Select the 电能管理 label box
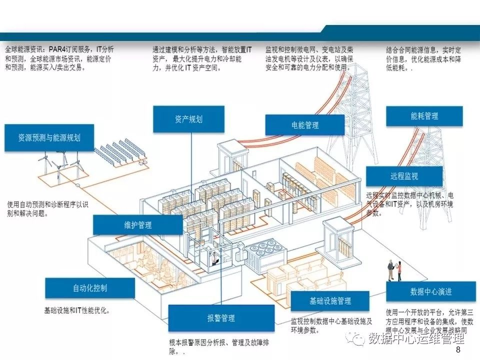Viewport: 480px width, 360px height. coord(304,125)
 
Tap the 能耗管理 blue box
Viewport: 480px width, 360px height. coord(424,116)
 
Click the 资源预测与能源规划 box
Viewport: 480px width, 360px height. coord(49,137)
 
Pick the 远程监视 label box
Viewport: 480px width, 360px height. coord(404,176)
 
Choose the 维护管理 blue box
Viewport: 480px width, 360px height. coord(137,225)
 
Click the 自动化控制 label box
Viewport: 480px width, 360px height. coord(89,288)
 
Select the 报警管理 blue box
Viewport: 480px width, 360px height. coord(221,318)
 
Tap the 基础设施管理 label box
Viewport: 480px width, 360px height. coord(330,301)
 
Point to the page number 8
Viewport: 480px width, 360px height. coord(458,351)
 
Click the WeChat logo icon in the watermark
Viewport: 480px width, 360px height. coord(358,339)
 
